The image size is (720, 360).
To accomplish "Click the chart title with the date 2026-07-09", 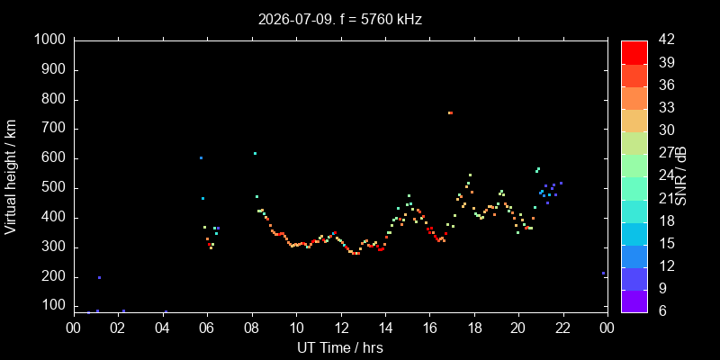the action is [x=340, y=20].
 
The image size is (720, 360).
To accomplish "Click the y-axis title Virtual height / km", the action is [x=11, y=176].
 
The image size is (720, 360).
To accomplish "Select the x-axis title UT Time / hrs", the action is [x=340, y=347].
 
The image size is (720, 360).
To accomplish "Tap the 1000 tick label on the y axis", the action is [x=51, y=40].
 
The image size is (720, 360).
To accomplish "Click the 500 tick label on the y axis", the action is [x=56, y=188].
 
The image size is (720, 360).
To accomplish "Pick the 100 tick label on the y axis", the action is [x=56, y=306].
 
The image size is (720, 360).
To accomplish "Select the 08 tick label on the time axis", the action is [x=252, y=329].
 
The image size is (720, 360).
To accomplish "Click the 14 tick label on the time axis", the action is [x=386, y=329].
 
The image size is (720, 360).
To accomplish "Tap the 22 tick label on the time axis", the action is [x=563, y=329].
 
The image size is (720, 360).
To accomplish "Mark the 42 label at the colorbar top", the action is [x=666, y=40].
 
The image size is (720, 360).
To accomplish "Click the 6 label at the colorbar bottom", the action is [x=661, y=310].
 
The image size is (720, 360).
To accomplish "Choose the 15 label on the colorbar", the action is [x=666, y=243].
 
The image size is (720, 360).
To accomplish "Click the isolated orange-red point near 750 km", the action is [x=451, y=113].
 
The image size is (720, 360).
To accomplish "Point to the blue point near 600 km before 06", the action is [x=201, y=158].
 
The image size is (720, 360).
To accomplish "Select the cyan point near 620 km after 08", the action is [x=255, y=153].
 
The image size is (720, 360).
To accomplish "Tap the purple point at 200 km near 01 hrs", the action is [x=99, y=277].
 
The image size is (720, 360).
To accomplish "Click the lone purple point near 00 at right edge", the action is [x=603, y=274].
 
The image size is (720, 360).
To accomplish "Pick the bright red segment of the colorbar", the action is [x=634, y=52].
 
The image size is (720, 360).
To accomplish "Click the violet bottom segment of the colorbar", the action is [x=634, y=301].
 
